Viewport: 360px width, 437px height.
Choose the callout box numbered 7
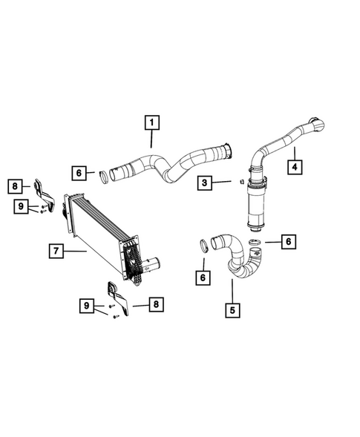55,252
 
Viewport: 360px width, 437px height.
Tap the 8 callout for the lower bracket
154,303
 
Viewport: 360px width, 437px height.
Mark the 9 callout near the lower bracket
88,303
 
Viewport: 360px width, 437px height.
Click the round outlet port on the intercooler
153,263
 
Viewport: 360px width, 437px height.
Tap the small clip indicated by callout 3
242,180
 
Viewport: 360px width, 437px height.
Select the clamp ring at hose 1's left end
104,177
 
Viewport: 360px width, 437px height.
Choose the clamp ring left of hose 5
202,246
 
